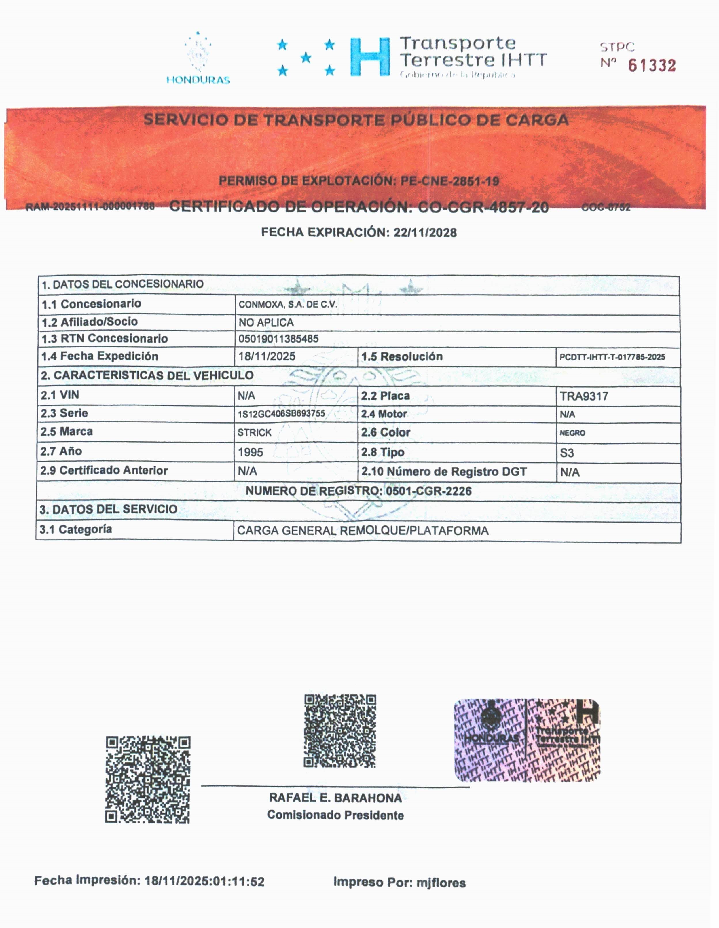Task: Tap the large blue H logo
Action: (370, 57)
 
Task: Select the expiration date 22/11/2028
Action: (425, 232)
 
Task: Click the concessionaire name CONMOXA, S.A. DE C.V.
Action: (288, 305)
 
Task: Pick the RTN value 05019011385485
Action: (278, 339)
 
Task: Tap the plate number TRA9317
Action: (584, 396)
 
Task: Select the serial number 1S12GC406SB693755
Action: (281, 413)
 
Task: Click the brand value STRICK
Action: (255, 432)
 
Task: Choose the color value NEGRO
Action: (572, 433)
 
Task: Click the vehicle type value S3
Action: (567, 453)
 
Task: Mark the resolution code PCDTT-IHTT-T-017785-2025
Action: (612, 357)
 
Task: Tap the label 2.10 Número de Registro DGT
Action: (444, 472)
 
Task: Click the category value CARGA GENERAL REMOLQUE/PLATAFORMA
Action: (363, 531)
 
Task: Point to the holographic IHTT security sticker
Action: (527, 740)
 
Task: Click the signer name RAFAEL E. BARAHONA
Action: (335, 798)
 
